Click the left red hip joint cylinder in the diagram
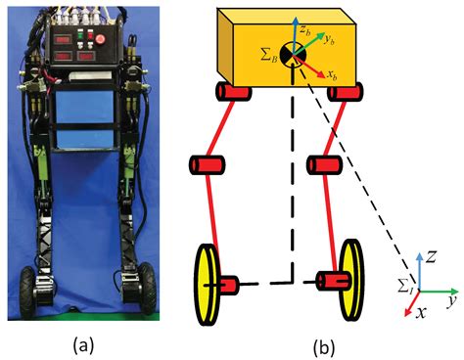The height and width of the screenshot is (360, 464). pos(232,92)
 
